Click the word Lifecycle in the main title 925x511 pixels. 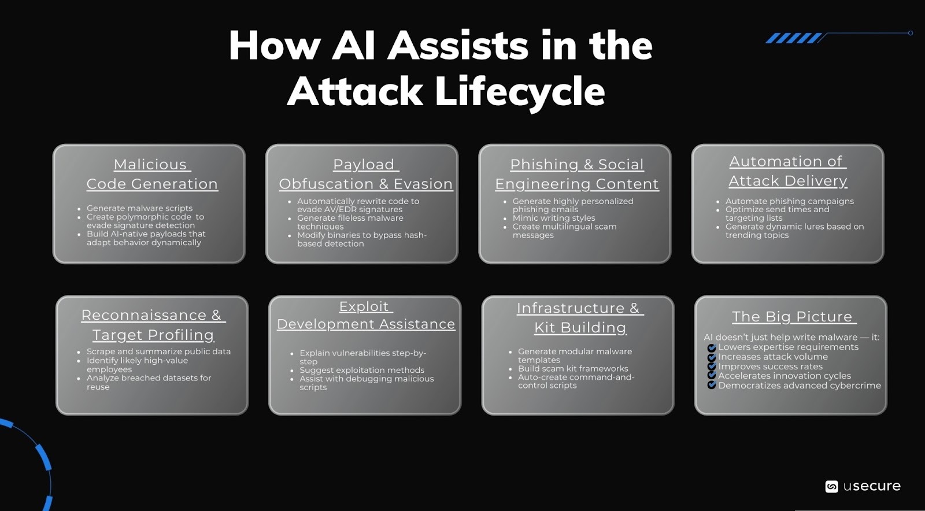pos(519,92)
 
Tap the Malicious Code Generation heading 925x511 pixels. pos(152,174)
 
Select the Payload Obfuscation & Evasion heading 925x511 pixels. pos(365,174)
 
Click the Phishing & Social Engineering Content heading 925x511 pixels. pos(576,174)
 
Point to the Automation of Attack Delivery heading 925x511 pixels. pos(787,171)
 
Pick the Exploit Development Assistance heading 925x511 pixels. pos(365,315)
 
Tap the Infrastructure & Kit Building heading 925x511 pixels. pos(580,317)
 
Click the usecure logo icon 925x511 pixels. pos(831,487)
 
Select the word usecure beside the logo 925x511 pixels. pos(872,486)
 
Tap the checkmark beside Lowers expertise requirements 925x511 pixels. pos(712,348)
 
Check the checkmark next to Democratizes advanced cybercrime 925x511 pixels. pos(712,386)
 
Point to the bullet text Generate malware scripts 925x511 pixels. pos(139,208)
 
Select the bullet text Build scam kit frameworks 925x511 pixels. pos(572,368)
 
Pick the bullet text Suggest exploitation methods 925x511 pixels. pos(361,370)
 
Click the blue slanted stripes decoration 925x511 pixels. pos(794,39)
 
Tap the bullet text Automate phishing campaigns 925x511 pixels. pos(789,201)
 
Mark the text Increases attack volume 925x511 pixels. pos(772,357)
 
